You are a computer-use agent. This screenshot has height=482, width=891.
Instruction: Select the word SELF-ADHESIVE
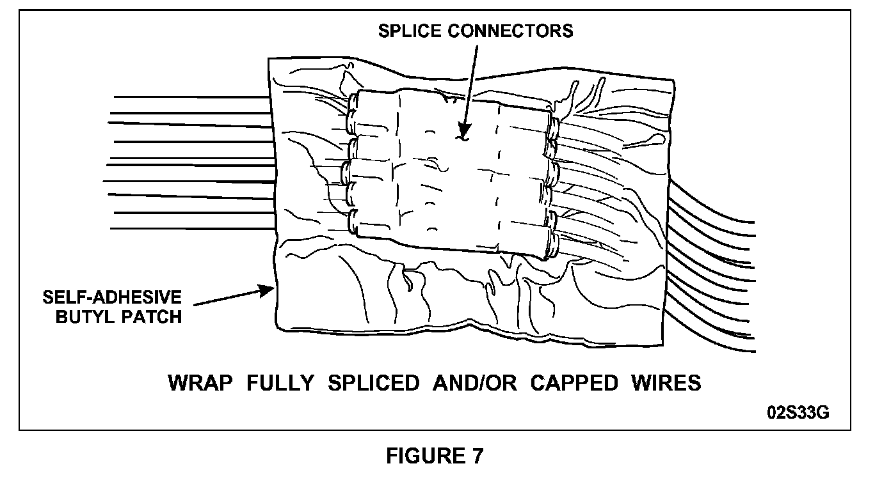point(112,298)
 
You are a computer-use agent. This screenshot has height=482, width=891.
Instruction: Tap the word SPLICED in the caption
point(373,383)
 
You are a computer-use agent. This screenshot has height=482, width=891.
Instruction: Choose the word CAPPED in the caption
point(574,383)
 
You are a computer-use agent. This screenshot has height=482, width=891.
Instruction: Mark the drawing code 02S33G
point(798,412)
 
